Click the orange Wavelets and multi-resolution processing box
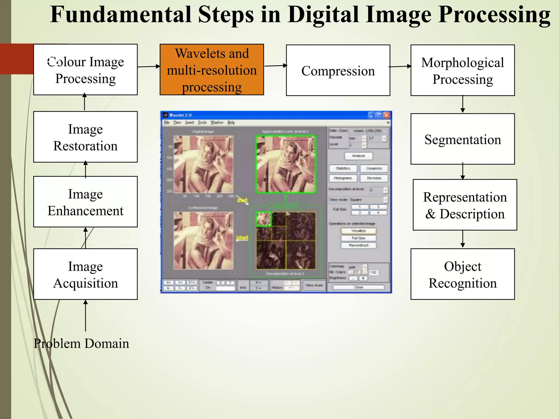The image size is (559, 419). (212, 70)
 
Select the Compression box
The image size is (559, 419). (338, 70)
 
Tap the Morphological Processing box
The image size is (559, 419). (462, 70)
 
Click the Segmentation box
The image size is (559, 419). (462, 139)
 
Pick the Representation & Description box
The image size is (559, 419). (465, 205)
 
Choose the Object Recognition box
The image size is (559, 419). (462, 274)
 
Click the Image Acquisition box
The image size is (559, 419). (85, 274)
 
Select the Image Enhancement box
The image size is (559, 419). (85, 202)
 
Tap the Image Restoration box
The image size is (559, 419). (85, 137)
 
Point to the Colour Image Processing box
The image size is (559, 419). (85, 70)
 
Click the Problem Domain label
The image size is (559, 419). (81, 343)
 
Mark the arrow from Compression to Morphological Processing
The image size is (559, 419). (400, 66)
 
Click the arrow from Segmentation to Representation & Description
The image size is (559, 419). (463, 171)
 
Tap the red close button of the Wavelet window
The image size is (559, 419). (386, 115)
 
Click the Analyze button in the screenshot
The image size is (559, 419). (358, 156)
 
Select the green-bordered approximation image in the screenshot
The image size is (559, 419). (286, 164)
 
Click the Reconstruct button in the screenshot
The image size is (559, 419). (358, 245)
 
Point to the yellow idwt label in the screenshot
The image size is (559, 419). (242, 238)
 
